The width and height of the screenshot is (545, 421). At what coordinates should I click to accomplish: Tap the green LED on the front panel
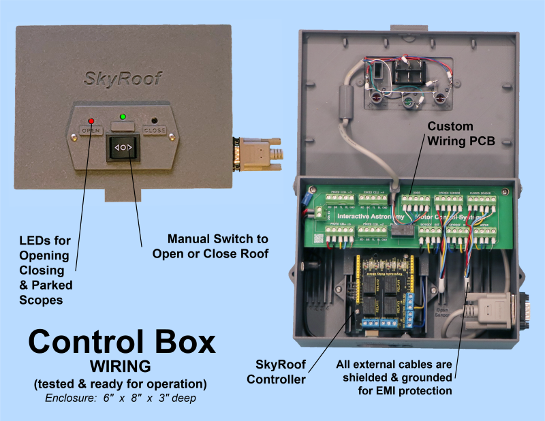point(123,115)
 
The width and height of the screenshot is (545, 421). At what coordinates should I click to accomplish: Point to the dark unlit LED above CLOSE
point(155,121)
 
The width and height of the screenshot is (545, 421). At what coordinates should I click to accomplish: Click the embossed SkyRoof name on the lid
point(123,78)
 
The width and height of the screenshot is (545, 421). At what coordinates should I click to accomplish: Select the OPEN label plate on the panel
point(90,130)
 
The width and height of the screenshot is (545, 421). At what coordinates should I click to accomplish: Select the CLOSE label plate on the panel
point(155,129)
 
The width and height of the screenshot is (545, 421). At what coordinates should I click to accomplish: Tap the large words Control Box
point(122,341)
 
